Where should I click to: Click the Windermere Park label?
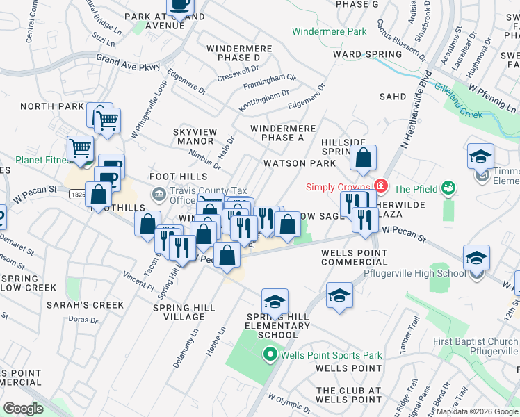pos(329,32)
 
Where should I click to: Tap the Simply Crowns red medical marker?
pos(380,186)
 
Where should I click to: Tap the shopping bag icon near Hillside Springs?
pos(363,158)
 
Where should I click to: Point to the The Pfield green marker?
pos(448,188)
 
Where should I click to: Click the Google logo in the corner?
pos(23,409)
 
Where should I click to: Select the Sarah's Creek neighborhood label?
pos(85,305)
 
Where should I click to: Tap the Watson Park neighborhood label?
pos(299,163)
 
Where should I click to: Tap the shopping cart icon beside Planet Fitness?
pos(80,148)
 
